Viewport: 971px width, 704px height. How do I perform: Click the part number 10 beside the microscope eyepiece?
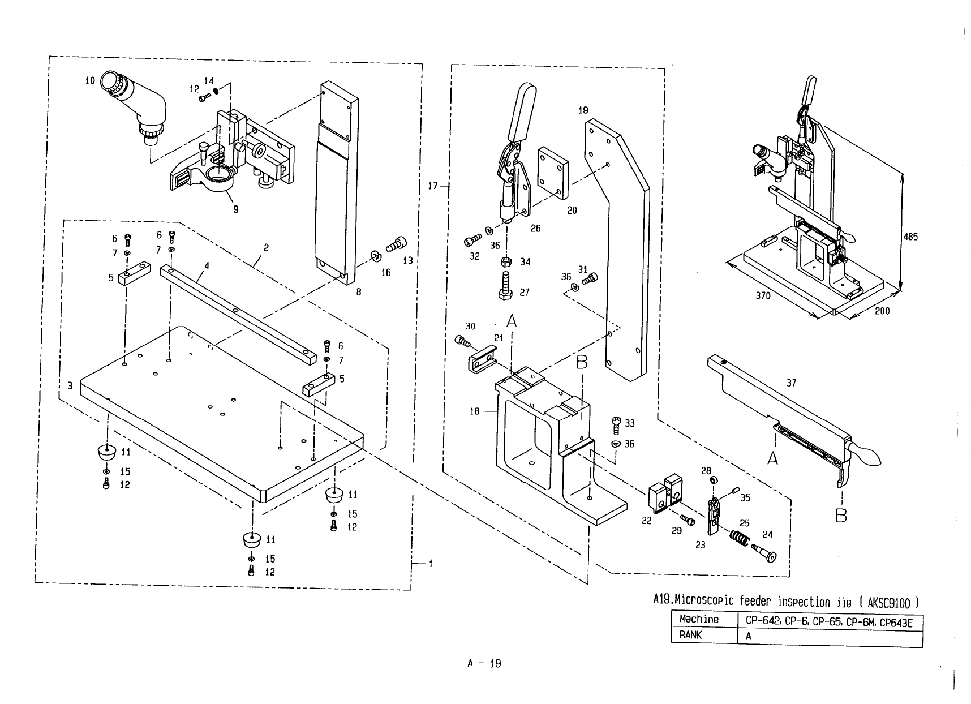(x=91, y=80)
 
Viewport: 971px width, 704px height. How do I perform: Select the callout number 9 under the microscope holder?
(x=236, y=209)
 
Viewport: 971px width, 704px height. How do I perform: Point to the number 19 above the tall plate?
(x=583, y=110)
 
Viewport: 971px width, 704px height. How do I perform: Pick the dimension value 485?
(x=910, y=237)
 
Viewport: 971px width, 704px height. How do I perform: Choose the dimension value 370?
(x=763, y=295)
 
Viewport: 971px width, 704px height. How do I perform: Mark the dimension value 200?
(x=882, y=311)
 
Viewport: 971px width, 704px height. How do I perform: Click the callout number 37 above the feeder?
(x=791, y=383)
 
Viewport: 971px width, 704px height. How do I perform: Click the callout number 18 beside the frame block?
(x=475, y=411)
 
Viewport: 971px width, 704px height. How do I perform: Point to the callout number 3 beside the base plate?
(x=70, y=386)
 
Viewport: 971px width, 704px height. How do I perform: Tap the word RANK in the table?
(x=690, y=635)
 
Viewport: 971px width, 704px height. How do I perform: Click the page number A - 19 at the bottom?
(x=484, y=664)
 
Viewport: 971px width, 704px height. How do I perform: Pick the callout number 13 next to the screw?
(x=408, y=261)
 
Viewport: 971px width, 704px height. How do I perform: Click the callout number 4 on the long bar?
(x=207, y=265)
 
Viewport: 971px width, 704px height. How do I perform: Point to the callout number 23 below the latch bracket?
(x=701, y=546)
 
